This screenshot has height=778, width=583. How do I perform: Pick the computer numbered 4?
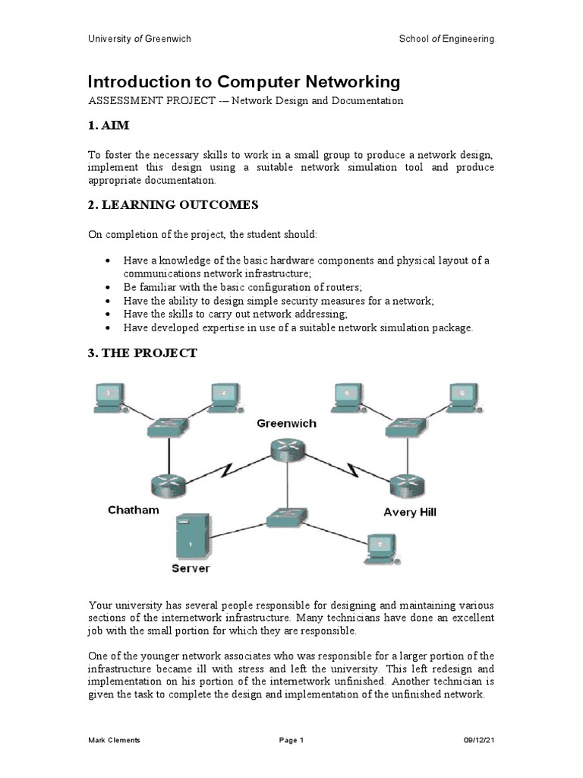225,397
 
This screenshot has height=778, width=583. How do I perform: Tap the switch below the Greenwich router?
286,519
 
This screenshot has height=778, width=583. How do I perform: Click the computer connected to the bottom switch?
379,547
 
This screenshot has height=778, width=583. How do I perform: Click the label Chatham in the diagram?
134,510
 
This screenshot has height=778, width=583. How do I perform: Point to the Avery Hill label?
410,512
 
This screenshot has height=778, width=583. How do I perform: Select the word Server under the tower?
191,568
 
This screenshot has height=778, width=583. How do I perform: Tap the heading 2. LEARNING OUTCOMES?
174,204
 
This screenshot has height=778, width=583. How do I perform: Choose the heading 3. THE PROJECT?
143,353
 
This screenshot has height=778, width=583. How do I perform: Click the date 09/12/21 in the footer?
479,740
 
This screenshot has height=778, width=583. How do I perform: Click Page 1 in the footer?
291,740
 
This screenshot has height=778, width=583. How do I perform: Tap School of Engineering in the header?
446,39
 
